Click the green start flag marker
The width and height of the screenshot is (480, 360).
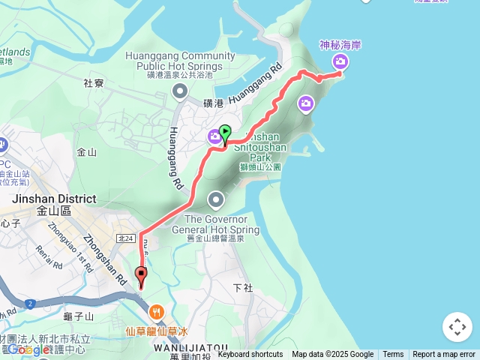pos(224,133)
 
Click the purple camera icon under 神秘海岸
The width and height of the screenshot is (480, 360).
pos(340,61)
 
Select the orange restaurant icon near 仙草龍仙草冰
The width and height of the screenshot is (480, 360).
pos(157,311)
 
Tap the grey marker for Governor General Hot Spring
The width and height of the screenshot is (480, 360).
pos(216,199)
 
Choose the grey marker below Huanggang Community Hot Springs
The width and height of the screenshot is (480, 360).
pos(180,92)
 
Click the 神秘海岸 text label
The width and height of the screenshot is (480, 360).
pos(340,45)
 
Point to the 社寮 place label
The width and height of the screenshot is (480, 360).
pos(93,83)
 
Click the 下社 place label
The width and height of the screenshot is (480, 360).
pos(243,288)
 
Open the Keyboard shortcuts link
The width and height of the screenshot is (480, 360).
pos(250,355)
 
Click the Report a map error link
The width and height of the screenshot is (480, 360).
pos(444,355)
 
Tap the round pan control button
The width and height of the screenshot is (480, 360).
pos(457,327)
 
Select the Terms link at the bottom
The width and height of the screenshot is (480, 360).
pos(393,355)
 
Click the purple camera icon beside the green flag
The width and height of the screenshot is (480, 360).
pos(214,136)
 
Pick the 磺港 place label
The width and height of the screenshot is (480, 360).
pos(213,103)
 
